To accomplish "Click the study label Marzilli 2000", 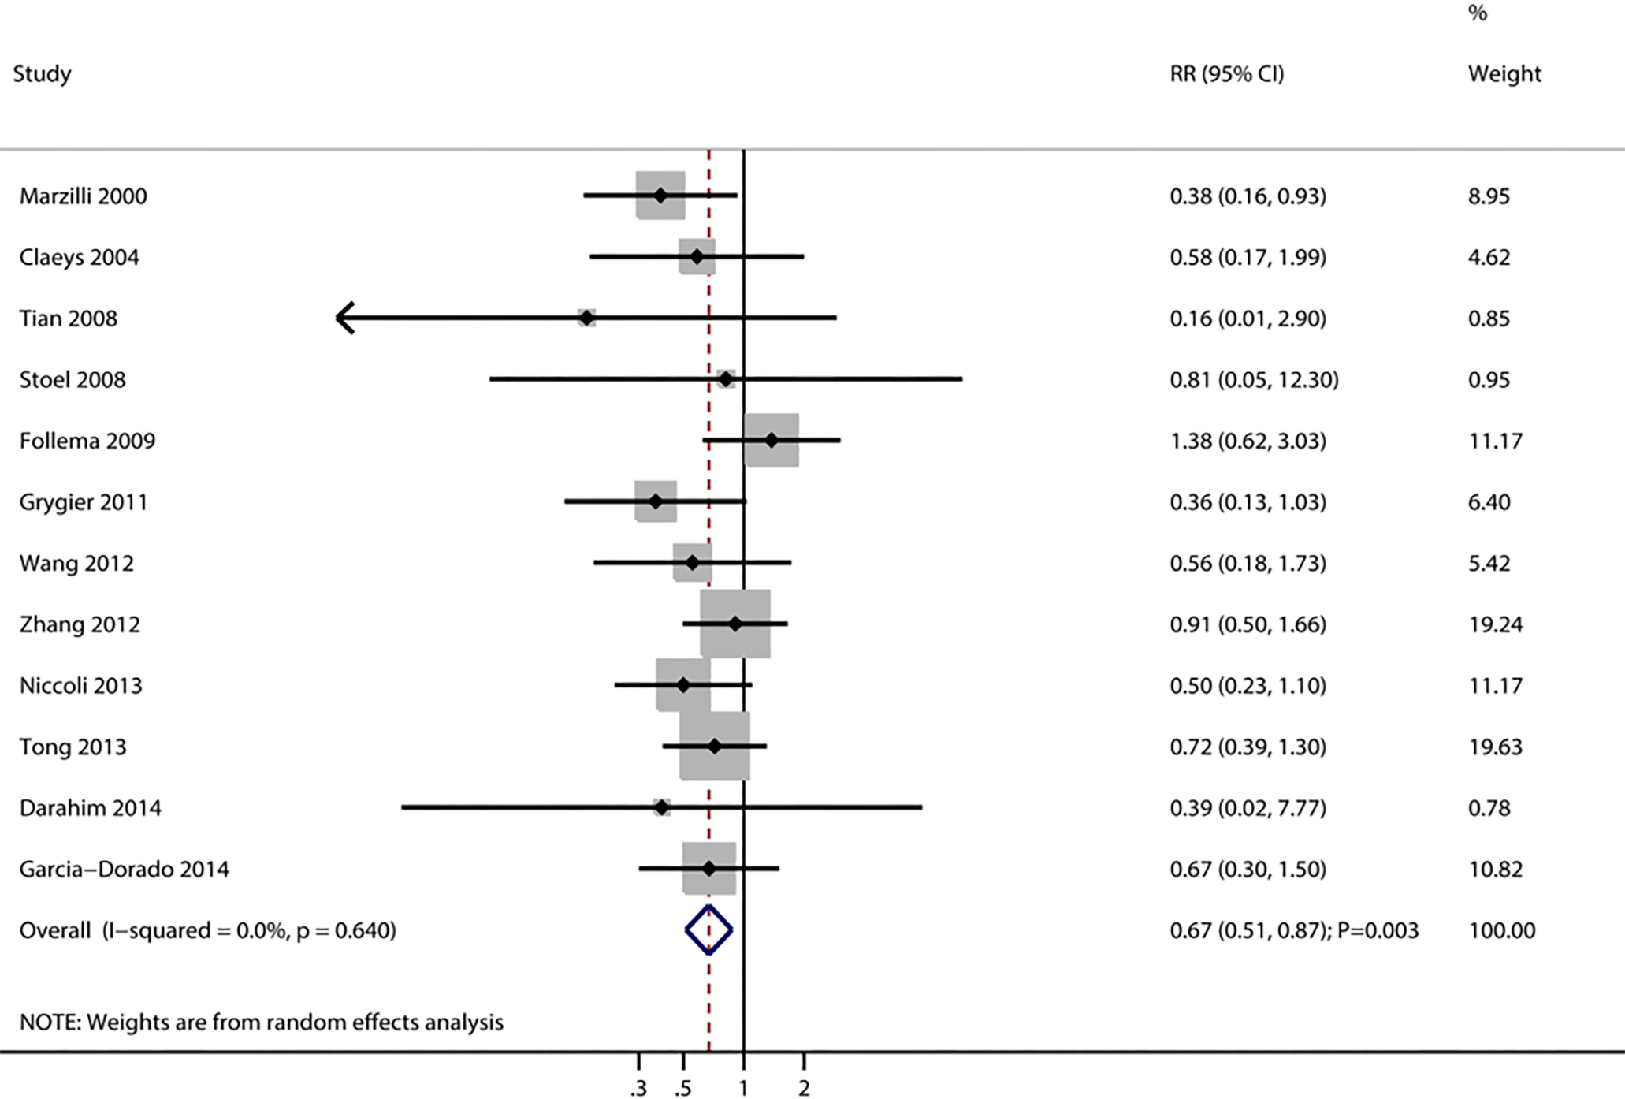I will (83, 196).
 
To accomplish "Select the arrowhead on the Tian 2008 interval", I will (345, 318).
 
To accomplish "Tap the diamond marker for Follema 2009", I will (772, 440).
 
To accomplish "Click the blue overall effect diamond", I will (708, 930).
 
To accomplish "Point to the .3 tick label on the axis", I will (638, 1089).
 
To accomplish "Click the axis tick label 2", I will (804, 1089).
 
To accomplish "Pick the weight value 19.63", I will (1494, 747).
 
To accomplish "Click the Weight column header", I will (1504, 73).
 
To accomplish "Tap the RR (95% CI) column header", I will (1226, 73).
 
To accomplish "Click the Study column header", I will (42, 73).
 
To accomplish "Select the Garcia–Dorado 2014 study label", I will (124, 869).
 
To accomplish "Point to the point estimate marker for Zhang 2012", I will (735, 624).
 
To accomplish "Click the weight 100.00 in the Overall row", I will (1501, 930).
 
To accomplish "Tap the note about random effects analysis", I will (261, 1022).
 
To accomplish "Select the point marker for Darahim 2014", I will (661, 807).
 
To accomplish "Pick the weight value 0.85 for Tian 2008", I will (1489, 318).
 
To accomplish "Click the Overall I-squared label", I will (207, 930).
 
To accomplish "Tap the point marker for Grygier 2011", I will (656, 501).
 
